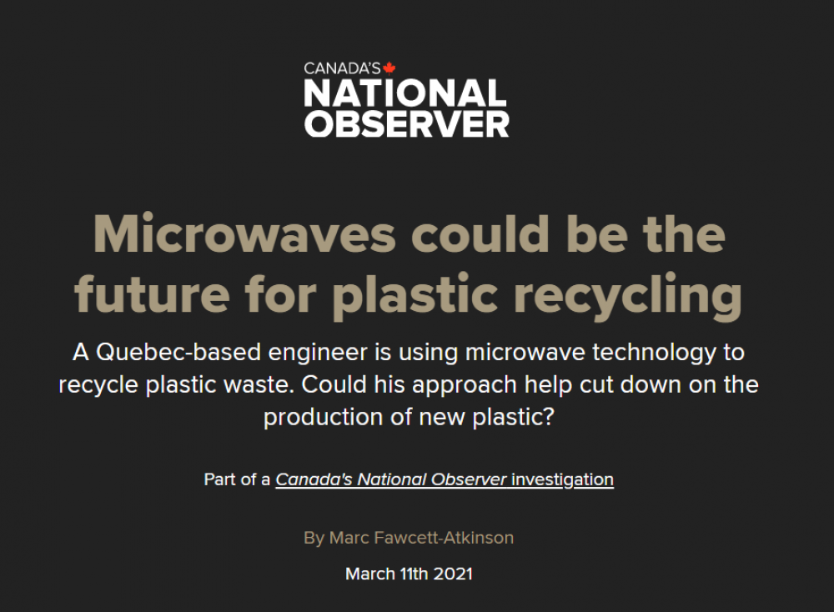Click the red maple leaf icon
pyautogui.click(x=389, y=68)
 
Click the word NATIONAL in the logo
pyautogui.click(x=405, y=93)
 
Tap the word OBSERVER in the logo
pyautogui.click(x=407, y=124)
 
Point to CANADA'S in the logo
pyautogui.click(x=342, y=68)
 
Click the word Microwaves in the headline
pyautogui.click(x=244, y=234)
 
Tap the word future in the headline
pyautogui.click(x=152, y=294)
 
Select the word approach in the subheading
pyautogui.click(x=465, y=385)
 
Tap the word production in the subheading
pyautogui.click(x=324, y=418)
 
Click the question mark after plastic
pyautogui.click(x=549, y=417)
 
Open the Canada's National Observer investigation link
pyautogui.click(x=445, y=479)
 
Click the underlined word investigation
pyautogui.click(x=563, y=480)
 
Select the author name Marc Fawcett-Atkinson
pyautogui.click(x=421, y=538)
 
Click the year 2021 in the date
pyautogui.click(x=453, y=574)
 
